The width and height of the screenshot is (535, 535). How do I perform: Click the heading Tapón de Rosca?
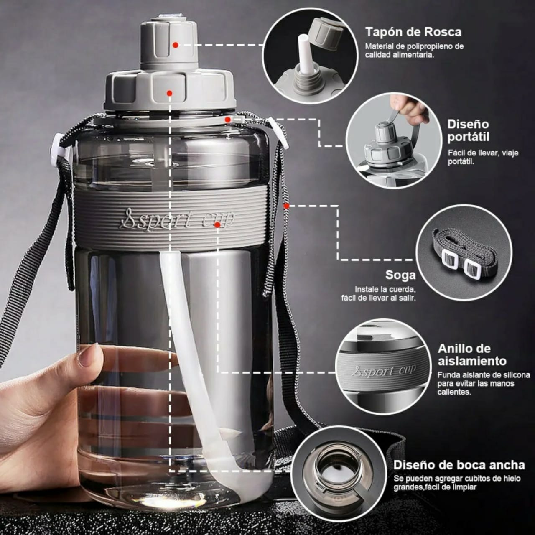coord(413,32)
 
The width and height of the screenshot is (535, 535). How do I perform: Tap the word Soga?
coord(400,275)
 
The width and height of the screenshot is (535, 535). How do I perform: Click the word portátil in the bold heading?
coord(468,137)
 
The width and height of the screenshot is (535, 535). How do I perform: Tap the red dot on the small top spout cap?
coord(175,45)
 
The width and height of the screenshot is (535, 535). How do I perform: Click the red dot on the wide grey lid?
coord(169,93)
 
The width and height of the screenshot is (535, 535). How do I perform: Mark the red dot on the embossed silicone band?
coord(217,224)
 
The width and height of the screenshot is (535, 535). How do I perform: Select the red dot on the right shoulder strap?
coord(287,206)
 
